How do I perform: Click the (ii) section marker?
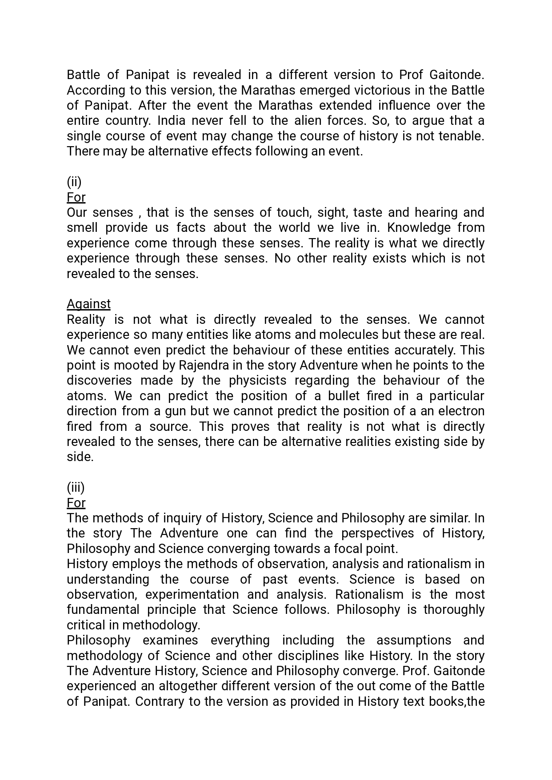point(74,182)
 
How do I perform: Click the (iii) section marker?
point(76,487)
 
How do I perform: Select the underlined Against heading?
point(88,304)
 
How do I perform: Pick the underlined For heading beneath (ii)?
point(76,197)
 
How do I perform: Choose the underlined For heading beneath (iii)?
point(76,503)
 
